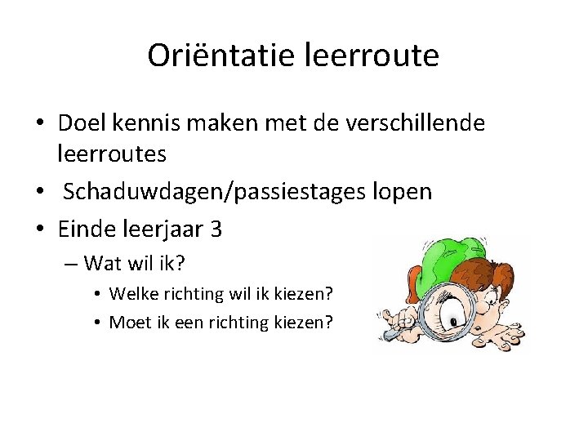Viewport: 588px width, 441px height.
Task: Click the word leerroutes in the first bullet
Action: pyautogui.click(x=112, y=153)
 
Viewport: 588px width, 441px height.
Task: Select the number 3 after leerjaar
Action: pyautogui.click(x=216, y=229)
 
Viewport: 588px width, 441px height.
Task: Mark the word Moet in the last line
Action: pyautogui.click(x=127, y=322)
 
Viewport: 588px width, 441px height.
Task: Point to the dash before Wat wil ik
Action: pyautogui.click(x=72, y=264)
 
